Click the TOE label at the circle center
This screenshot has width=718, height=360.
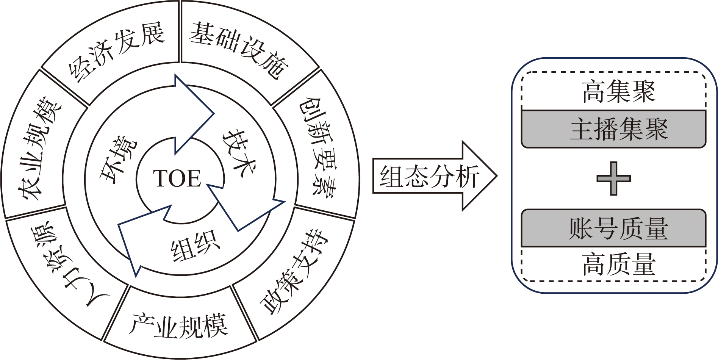click(177, 178)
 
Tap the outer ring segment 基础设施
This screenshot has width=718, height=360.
click(239, 49)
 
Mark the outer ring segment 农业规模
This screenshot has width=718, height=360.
click(40, 148)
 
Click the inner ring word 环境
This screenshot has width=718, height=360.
click(117, 159)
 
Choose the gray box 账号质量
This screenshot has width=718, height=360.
click(614, 229)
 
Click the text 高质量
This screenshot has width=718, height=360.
click(618, 264)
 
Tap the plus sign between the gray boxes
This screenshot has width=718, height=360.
click(613, 178)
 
